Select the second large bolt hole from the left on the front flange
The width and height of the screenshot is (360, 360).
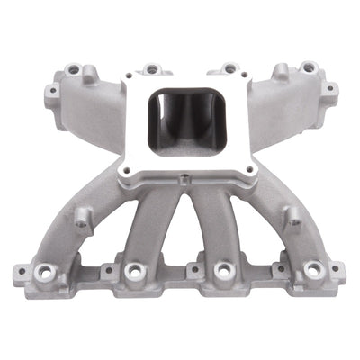point(134,270)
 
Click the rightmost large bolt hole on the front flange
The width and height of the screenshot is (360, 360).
point(313,269)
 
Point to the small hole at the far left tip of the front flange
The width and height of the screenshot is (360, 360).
point(19,268)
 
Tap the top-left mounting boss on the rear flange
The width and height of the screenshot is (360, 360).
point(71,68)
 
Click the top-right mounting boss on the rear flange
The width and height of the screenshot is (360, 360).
point(309,67)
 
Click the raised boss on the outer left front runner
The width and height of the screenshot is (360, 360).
point(82,215)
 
